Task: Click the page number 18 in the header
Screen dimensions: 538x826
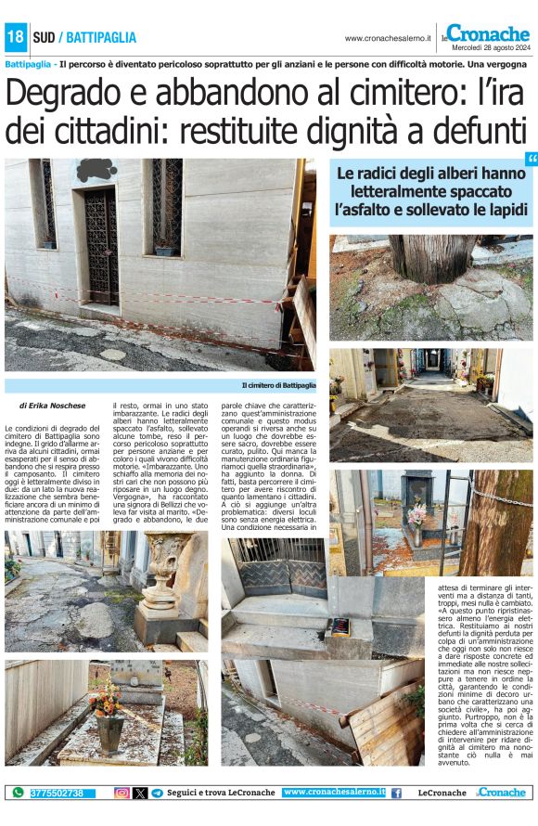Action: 15,37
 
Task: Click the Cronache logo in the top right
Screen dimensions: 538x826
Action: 489,32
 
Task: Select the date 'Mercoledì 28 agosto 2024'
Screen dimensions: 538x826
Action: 487,46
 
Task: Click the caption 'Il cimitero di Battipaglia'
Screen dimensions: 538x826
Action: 278,384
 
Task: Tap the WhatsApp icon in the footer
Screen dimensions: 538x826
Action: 17,793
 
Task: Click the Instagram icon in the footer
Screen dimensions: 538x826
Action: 122,793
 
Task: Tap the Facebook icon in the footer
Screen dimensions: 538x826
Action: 396,793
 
